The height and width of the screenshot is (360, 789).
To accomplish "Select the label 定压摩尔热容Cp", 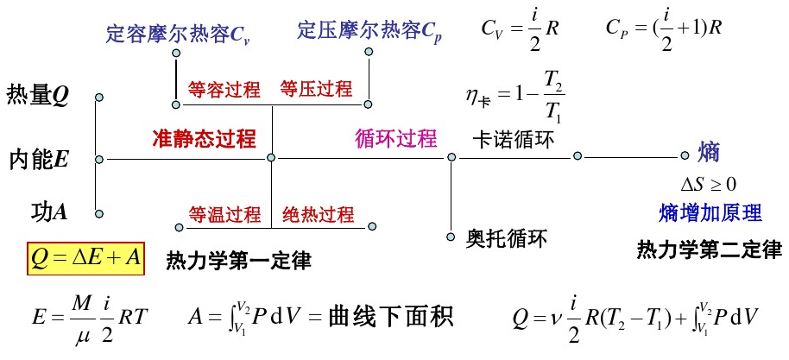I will coord(369,32).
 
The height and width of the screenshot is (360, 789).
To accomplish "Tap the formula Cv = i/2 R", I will coord(521,28).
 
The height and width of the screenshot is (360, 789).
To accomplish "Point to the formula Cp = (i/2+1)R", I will coord(664,28).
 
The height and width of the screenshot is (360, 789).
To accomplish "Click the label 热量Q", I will coord(37,95).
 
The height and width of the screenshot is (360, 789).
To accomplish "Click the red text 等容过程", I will coord(224,90).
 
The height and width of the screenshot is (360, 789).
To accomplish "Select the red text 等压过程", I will coord(316,89).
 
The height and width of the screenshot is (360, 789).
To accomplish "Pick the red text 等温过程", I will coord(224,214).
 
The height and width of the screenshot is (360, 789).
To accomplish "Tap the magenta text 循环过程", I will coord(395,139).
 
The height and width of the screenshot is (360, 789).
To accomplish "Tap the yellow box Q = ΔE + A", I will coord(85,257).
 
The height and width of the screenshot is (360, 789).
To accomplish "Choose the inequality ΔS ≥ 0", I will coord(709,184).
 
